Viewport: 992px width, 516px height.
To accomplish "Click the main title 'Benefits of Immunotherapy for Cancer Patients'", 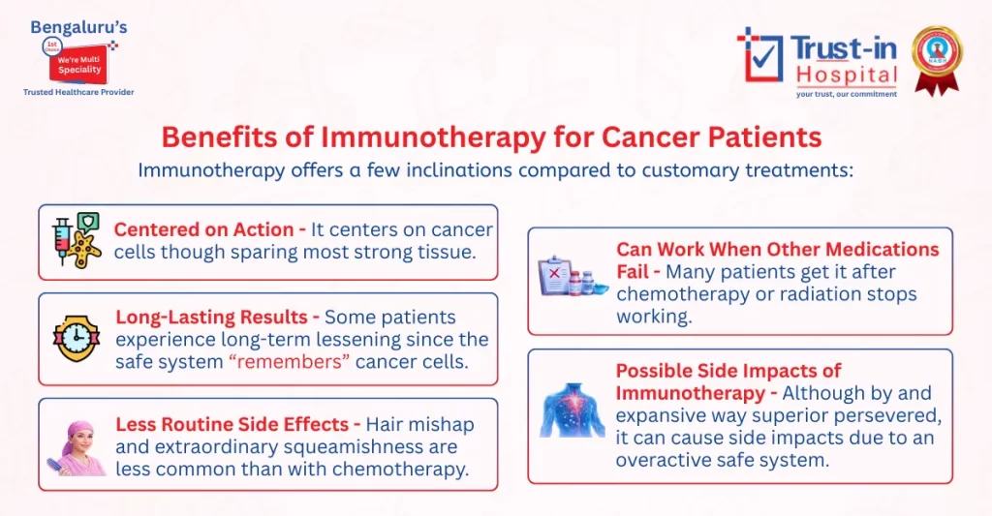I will pos(491,137).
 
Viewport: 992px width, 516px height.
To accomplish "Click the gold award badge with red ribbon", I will pos(935,58).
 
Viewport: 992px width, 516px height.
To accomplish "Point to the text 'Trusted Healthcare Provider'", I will pos(78,92).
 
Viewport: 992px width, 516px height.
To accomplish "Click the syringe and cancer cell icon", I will pos(77,241).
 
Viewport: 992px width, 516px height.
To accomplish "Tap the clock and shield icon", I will pos(77,339).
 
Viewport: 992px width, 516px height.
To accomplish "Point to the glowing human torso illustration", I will pos(573,410).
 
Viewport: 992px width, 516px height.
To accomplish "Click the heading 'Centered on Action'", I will pos(203,229).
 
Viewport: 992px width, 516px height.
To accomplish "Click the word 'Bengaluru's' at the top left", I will pos(78,26).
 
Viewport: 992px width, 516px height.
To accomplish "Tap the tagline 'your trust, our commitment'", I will pos(846,94).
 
